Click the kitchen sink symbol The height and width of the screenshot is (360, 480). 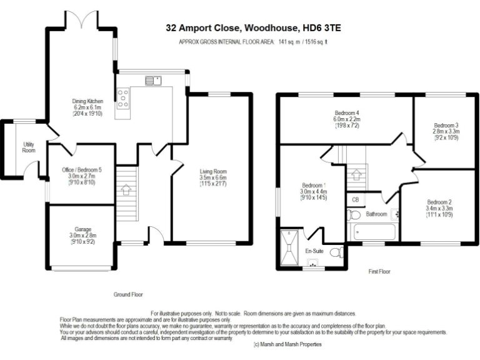point(153,81)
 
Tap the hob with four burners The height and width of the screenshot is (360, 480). point(122,98)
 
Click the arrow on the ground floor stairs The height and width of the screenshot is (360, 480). point(126,190)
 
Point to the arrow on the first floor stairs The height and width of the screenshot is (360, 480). point(356,174)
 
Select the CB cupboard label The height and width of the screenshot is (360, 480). point(355,200)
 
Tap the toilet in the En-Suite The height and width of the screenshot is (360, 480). point(337,252)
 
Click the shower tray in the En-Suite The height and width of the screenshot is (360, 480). point(289,247)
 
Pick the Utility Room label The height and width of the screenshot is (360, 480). point(29,147)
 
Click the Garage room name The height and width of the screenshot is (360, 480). point(82,229)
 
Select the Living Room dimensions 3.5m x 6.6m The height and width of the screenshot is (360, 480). point(213,177)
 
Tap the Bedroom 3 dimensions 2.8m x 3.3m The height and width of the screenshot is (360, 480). point(446,131)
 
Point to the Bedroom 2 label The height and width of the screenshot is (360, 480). point(439,202)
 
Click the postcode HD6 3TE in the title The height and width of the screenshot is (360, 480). point(322,28)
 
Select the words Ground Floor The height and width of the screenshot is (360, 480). point(128,294)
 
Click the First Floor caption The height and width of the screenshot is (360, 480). point(379,271)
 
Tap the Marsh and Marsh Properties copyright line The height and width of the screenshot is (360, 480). point(287,344)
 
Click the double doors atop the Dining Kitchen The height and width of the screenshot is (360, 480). point(81,19)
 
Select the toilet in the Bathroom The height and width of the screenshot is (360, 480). point(354,214)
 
